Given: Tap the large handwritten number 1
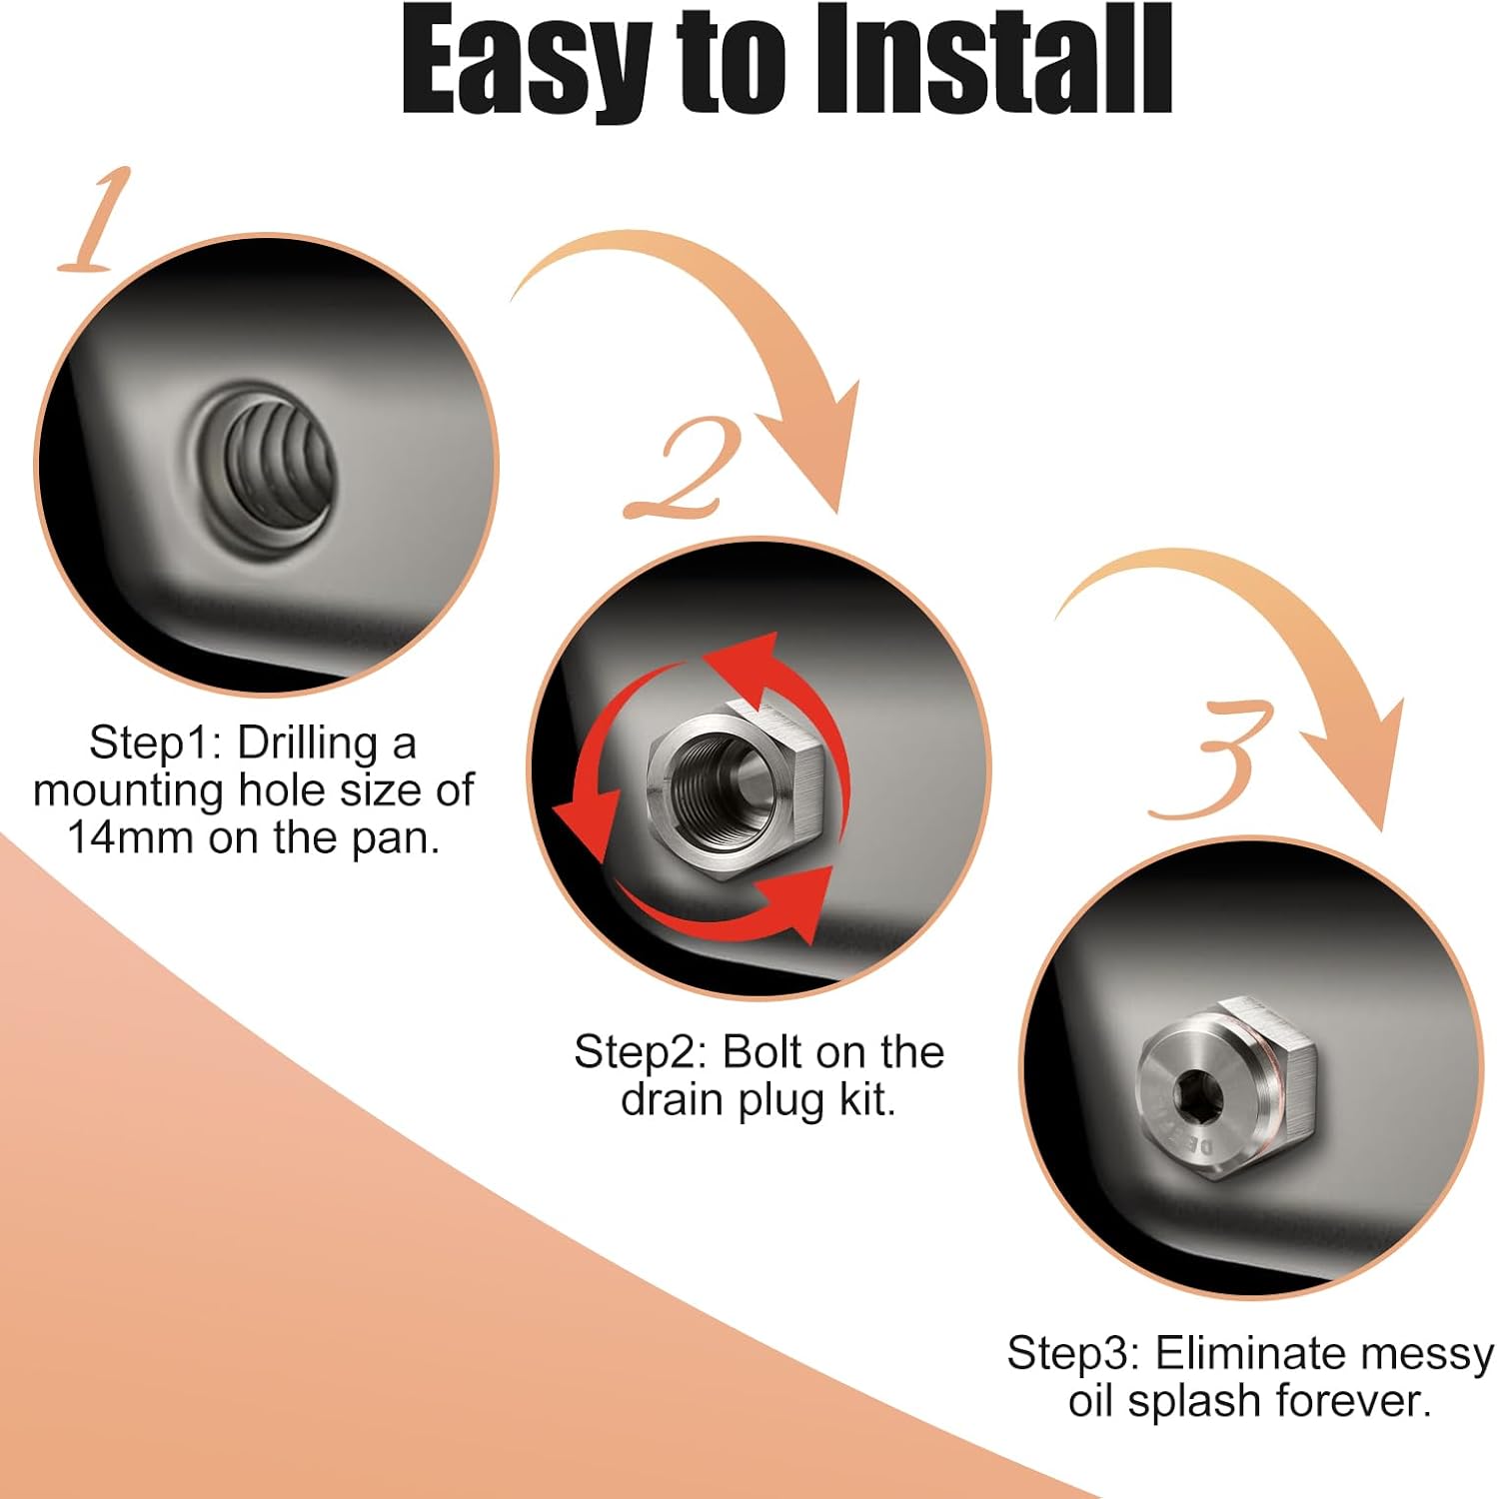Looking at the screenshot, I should point(96,222).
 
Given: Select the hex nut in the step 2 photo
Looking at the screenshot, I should point(735,774).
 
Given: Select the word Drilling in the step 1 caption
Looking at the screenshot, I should point(308,744).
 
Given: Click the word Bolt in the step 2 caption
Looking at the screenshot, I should point(761,1052).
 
